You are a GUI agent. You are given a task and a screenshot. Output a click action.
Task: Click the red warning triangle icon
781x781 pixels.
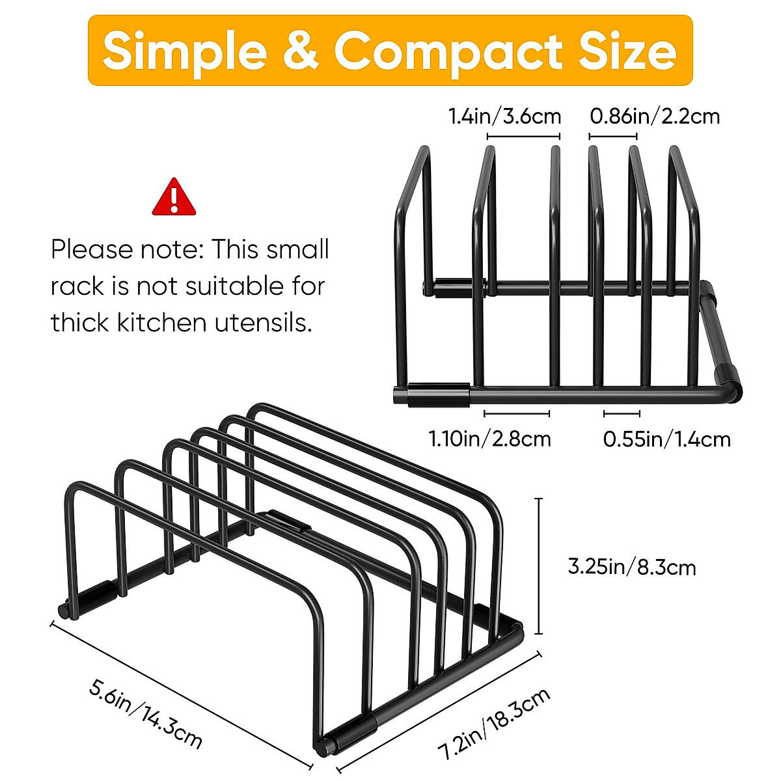[x=174, y=197]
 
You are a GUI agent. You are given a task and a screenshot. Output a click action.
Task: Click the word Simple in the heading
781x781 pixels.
[x=185, y=51]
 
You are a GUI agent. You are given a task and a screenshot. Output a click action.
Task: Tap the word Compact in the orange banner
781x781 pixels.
[x=448, y=51]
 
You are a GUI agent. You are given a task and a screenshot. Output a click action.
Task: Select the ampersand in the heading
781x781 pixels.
[x=301, y=51]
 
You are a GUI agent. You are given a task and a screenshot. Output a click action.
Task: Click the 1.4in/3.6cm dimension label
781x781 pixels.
[x=504, y=116]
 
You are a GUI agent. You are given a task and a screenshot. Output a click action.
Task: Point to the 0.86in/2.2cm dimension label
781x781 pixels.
[x=655, y=116]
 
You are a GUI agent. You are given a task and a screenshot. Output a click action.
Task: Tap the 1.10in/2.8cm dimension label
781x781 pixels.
[x=489, y=439]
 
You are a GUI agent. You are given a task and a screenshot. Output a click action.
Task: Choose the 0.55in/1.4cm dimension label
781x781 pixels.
[x=666, y=439]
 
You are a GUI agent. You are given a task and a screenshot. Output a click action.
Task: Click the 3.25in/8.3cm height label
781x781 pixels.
[x=632, y=567]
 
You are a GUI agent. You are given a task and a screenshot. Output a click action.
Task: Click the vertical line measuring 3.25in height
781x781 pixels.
[x=538, y=566]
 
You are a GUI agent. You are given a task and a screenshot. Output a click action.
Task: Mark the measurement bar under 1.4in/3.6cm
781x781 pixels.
[x=523, y=137]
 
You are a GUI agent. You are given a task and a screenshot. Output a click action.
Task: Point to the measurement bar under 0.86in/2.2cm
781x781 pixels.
[x=612, y=137]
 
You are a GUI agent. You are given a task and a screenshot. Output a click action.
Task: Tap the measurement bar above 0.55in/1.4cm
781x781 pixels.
[x=622, y=414]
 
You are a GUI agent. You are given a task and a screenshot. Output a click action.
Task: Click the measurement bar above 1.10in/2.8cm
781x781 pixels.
[x=517, y=414]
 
